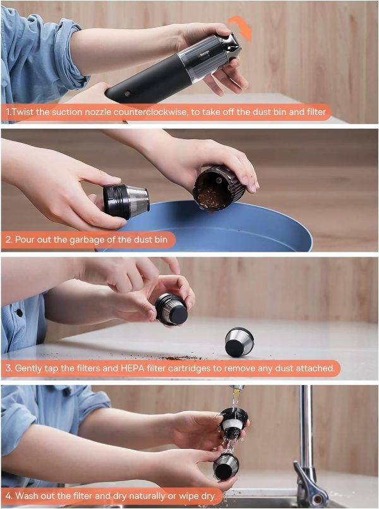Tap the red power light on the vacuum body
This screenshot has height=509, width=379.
click(x=128, y=94)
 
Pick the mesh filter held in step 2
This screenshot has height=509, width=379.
click(x=126, y=202)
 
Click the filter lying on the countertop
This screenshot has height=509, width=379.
click(x=239, y=342)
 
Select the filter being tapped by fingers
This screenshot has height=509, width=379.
click(x=172, y=309)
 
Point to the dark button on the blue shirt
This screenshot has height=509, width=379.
click(x=20, y=313)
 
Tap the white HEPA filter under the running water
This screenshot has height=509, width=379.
click(x=232, y=424)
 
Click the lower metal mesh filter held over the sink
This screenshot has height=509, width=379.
click(x=226, y=467)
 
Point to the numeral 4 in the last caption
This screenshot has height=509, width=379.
click(x=8, y=496)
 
